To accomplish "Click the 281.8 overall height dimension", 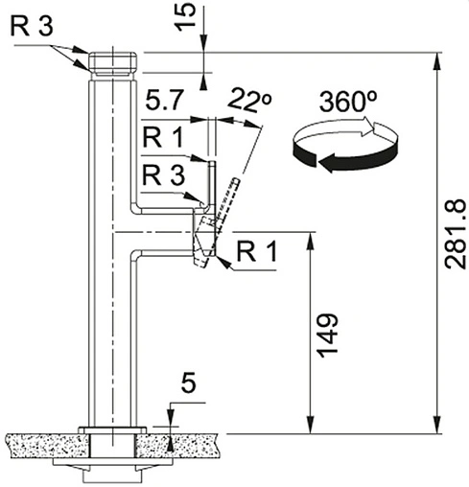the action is pos(455,234).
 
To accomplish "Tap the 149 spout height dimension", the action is pos(327,336).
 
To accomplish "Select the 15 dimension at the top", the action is pos(185,16).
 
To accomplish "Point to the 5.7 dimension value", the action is pos(165,100).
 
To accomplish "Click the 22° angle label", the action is pos(250,100).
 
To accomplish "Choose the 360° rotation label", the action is pos(348,102).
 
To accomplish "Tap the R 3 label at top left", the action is pos(32,26).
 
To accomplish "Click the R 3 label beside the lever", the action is pos(163,174).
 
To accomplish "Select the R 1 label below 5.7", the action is pos(163,137).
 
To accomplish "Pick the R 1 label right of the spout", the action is pos(257,251).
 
